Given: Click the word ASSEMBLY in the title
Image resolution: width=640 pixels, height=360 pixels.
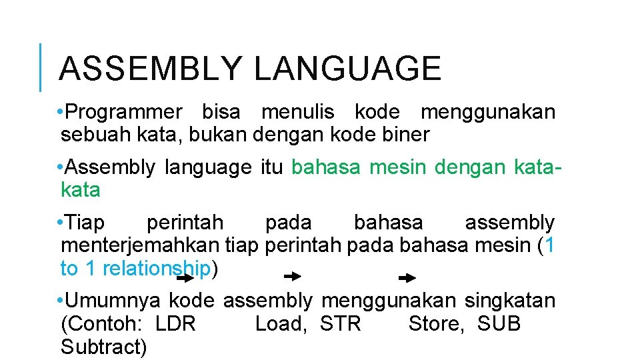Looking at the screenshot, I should coord(151,69).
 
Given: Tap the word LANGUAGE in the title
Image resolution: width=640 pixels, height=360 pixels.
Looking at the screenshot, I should coord(347,69).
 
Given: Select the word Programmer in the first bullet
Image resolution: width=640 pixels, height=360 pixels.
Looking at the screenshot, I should coord(125,112).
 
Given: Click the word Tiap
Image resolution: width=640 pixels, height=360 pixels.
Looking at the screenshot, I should coord(86,223).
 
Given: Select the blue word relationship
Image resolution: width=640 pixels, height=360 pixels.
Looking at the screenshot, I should coord(157,269).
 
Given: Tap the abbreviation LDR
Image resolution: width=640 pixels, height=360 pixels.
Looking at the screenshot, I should coord(175,325).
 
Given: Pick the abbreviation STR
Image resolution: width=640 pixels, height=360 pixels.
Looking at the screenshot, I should coord(340,325).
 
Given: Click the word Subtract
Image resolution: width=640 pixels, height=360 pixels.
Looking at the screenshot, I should coord(103,347).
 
